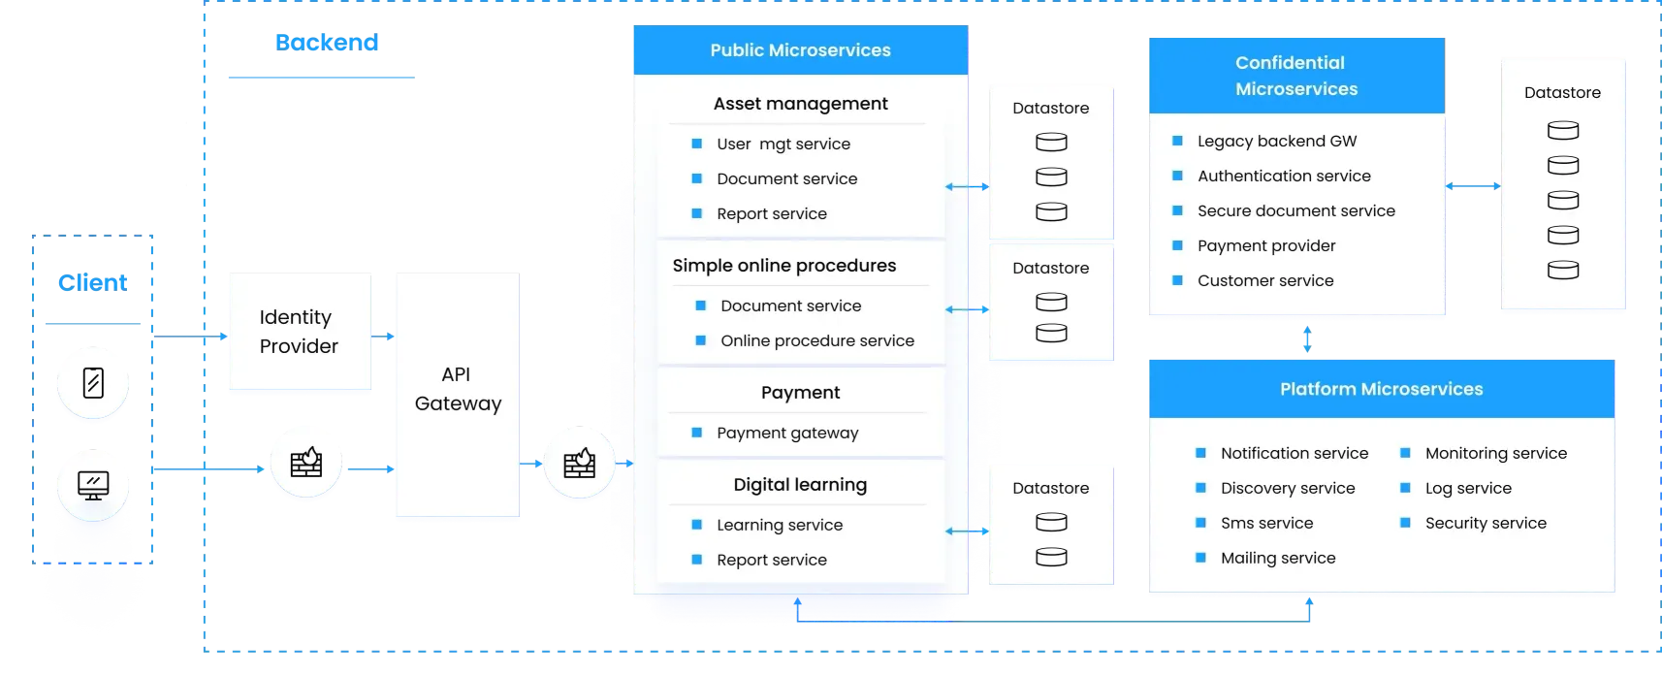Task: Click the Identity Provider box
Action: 299,332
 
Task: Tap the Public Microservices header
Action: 800,50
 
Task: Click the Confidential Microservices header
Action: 1295,76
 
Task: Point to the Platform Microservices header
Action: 1381,389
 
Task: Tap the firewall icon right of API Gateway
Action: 579,464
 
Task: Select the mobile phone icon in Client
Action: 93,383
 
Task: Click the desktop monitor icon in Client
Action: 93,484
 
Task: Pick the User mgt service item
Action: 783,144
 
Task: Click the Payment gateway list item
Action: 787,433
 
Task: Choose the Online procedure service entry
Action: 816,340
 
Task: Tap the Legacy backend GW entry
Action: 1277,141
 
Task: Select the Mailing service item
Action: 1278,558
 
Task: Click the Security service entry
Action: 1486,523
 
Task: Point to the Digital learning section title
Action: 800,484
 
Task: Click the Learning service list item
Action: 780,525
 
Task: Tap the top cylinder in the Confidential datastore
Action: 1562,130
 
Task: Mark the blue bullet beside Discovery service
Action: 1200,488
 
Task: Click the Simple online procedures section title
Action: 783,265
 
